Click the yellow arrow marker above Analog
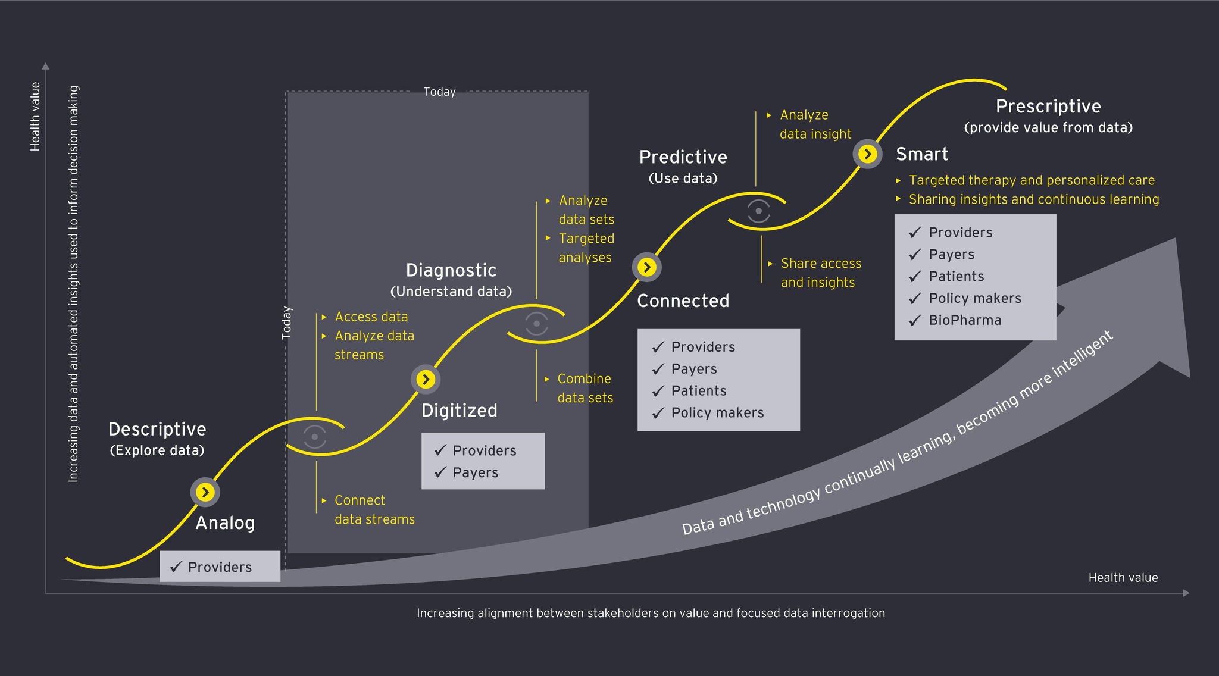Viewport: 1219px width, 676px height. pos(205,492)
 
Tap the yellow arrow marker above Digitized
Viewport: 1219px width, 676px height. pos(426,379)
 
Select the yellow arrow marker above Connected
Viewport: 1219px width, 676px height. pos(647,267)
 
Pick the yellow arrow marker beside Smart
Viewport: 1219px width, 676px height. pos(867,154)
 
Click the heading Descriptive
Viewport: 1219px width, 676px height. pos(157,429)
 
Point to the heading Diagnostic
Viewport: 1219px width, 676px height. pos(451,270)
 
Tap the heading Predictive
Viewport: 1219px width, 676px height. pos(683,157)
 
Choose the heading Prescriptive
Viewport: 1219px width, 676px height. pos(1048,107)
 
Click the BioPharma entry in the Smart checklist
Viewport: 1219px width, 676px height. pos(964,320)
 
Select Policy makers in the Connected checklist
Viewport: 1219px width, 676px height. pos(717,413)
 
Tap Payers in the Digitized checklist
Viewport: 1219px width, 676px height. pos(475,472)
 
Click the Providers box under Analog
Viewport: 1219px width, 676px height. pos(220,567)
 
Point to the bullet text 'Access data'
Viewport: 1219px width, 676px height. pos(371,317)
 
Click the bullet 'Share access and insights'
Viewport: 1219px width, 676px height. pos(820,273)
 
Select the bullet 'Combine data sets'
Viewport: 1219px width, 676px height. pos(585,388)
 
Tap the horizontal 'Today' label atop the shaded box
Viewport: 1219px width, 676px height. pos(439,92)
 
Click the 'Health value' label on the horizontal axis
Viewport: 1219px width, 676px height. pos(1123,577)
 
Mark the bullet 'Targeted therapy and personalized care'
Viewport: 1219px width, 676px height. pos(1031,180)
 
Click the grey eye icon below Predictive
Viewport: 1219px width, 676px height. pos(758,211)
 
